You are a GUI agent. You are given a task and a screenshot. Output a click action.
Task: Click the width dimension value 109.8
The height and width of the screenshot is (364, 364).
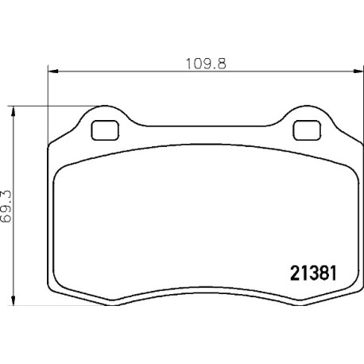[206, 64]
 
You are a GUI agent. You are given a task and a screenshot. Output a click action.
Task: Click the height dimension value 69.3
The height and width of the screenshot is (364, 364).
[6, 207]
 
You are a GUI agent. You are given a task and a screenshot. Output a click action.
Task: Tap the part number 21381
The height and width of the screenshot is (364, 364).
[313, 273]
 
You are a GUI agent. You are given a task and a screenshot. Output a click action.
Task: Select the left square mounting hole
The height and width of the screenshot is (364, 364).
[105, 130]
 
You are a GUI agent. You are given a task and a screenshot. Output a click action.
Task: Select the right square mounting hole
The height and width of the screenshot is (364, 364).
[307, 130]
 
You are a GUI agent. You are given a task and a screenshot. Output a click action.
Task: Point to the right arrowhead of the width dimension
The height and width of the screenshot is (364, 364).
[358, 71]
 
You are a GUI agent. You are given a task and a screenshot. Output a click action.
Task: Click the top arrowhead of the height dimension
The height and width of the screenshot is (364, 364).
[13, 111]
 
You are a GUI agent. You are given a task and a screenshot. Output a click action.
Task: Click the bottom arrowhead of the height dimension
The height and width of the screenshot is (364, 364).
[13, 300]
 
